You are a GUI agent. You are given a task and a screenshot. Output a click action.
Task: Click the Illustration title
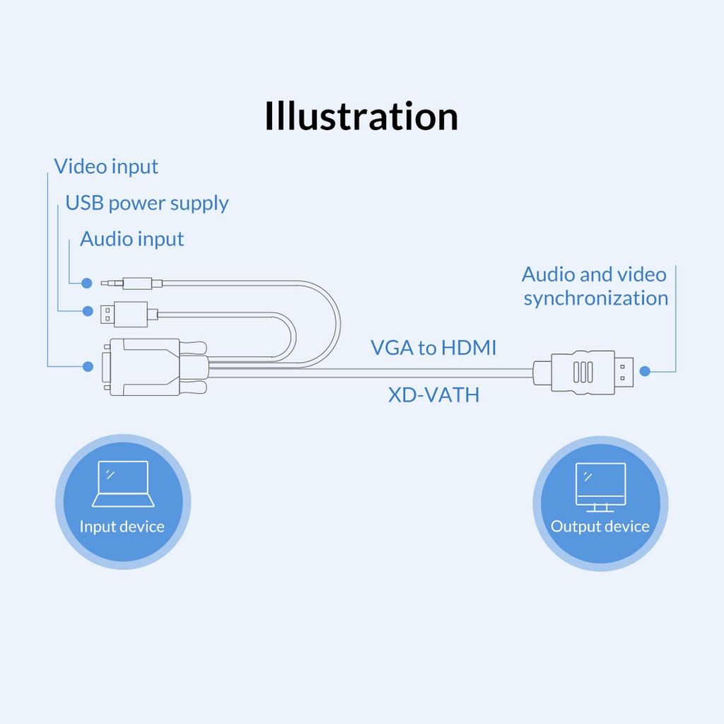pyautogui.click(x=361, y=115)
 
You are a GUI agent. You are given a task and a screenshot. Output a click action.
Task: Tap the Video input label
pyautogui.click(x=106, y=167)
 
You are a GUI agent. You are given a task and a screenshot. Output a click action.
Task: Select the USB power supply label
pyautogui.click(x=147, y=203)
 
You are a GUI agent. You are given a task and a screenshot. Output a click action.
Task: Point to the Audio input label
pyautogui.click(x=132, y=239)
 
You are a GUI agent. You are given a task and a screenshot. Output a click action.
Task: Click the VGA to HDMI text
pyautogui.click(x=433, y=348)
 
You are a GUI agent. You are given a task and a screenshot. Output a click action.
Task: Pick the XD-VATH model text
pyautogui.click(x=433, y=395)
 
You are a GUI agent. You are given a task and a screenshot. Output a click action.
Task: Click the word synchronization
pyautogui.click(x=595, y=298)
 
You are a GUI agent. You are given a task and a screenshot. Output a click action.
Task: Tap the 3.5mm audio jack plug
pyautogui.click(x=132, y=283)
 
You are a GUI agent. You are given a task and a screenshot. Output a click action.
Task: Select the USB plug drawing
pyautogui.click(x=129, y=315)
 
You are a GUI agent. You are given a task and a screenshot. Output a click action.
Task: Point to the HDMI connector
pyautogui.click(x=583, y=372)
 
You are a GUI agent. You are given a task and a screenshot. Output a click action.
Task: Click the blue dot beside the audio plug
pyautogui.click(x=87, y=283)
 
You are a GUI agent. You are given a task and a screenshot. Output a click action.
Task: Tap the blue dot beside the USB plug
pyautogui.click(x=88, y=311)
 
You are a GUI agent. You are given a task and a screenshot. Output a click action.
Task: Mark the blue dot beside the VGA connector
pyautogui.click(x=88, y=367)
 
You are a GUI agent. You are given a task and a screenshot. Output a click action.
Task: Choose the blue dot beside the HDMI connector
pyautogui.click(x=645, y=370)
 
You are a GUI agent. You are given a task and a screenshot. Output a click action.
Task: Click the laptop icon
pyautogui.click(x=123, y=484)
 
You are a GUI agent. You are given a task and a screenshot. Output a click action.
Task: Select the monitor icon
pyautogui.click(x=600, y=487)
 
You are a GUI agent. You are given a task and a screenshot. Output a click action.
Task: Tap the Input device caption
pyautogui.click(x=122, y=526)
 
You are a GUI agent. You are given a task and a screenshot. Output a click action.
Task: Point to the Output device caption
pyautogui.click(x=600, y=526)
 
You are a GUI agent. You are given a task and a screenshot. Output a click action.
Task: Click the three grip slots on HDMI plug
pyautogui.click(x=583, y=372)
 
